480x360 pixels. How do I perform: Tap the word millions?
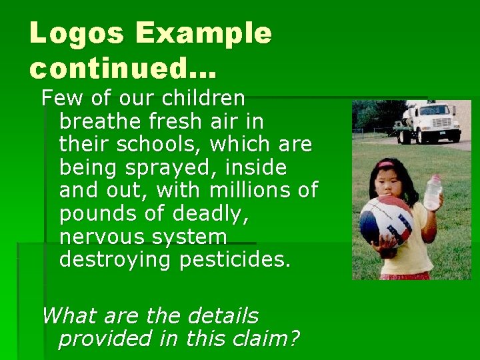click(x=253, y=190)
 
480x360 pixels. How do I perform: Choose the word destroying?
click(x=116, y=259)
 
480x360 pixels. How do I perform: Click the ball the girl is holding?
click(x=386, y=220)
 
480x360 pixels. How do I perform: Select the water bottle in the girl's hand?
click(x=433, y=193)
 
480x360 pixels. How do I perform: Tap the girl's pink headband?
click(x=387, y=163)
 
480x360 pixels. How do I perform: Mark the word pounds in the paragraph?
click(x=91, y=213)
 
